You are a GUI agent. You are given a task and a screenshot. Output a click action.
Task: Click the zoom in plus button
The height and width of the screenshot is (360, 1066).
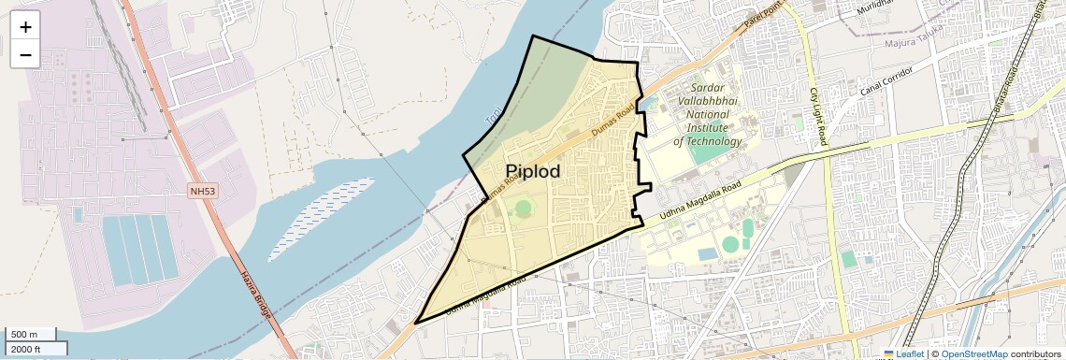pyautogui.click(x=25, y=26)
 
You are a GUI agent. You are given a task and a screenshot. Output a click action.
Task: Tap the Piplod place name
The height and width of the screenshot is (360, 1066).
pyautogui.click(x=533, y=171)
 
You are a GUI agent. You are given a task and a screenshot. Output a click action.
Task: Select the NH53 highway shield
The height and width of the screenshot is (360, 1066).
pyautogui.click(x=202, y=191)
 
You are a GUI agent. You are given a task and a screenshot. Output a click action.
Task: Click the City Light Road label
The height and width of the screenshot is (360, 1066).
pyautogui.click(x=818, y=116)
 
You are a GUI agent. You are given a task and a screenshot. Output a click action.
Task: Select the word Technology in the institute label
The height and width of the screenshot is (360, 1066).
pyautogui.click(x=708, y=142)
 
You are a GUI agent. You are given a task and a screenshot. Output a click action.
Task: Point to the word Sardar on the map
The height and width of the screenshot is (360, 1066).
pyautogui.click(x=714, y=87)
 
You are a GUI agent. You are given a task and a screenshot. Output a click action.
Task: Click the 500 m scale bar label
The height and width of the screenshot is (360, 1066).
pyautogui.click(x=24, y=335)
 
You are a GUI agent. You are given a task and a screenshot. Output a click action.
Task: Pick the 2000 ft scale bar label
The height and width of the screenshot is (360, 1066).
pyautogui.click(x=27, y=349)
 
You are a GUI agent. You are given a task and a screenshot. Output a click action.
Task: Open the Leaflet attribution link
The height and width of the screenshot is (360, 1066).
pyautogui.click(x=903, y=354)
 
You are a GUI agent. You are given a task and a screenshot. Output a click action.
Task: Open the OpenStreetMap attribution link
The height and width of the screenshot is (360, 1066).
pyautogui.click(x=974, y=354)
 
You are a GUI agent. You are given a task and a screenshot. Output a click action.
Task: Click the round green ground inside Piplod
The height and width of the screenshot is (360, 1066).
pyautogui.click(x=523, y=208)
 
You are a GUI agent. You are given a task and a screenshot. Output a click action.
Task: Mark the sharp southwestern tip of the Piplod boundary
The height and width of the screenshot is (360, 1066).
pyautogui.click(x=415, y=323)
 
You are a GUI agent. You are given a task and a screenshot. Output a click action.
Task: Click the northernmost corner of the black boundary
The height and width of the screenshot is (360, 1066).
pyautogui.click(x=533, y=36)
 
